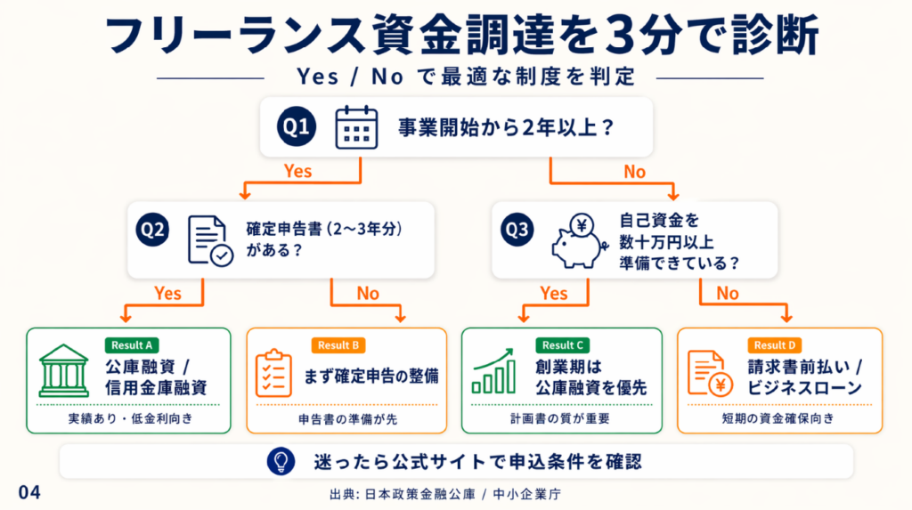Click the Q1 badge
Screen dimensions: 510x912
[x=297, y=127]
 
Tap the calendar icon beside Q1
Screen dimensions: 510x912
[x=356, y=127]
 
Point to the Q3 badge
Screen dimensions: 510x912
[x=517, y=231]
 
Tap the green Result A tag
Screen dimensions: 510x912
[x=131, y=345]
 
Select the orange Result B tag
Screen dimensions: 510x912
[x=338, y=345]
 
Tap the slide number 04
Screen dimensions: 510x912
[x=28, y=492]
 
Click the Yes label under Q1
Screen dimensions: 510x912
[x=297, y=169]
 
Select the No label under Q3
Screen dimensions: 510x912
[x=727, y=293]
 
